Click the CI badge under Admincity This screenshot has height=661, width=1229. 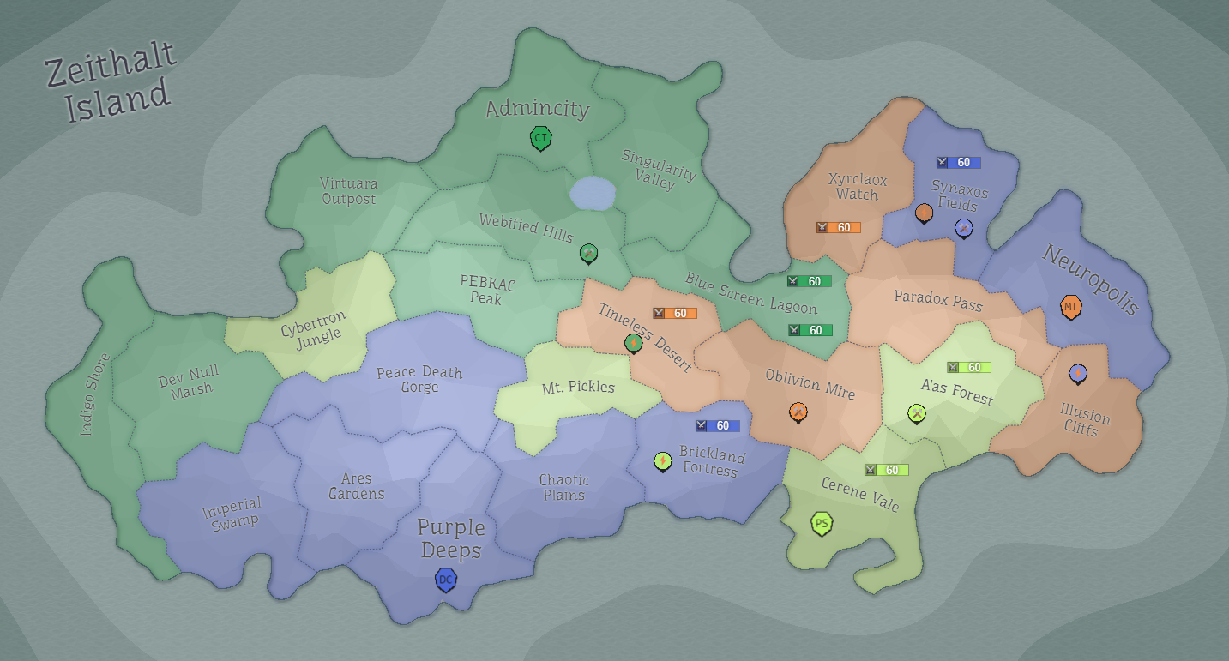pyautogui.click(x=540, y=138)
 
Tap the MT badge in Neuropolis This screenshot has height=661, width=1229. pyautogui.click(x=1070, y=307)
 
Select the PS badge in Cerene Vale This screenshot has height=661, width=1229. pyautogui.click(x=822, y=523)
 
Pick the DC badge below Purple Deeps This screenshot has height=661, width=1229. pyautogui.click(x=445, y=580)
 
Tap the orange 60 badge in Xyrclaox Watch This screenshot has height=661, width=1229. pyautogui.click(x=838, y=227)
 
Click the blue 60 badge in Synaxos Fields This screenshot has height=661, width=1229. pyautogui.click(x=958, y=162)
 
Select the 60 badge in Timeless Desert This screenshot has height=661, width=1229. pyautogui.click(x=674, y=313)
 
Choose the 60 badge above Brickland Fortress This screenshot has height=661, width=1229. pyautogui.click(x=717, y=425)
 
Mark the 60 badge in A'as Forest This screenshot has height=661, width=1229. pyautogui.click(x=968, y=367)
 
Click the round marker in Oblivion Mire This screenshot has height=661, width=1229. pyautogui.click(x=798, y=412)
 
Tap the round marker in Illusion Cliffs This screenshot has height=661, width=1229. pyautogui.click(x=1078, y=373)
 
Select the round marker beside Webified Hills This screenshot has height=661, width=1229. pyautogui.click(x=587, y=252)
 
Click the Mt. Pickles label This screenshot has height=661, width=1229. pyautogui.click(x=579, y=387)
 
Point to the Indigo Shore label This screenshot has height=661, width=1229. pyautogui.click(x=95, y=394)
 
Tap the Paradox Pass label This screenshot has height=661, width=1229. pyautogui.click(x=938, y=299)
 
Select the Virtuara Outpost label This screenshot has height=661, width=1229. pyautogui.click(x=348, y=190)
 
